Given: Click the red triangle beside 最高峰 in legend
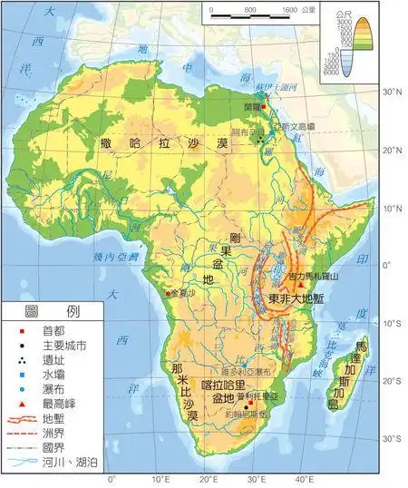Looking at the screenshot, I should click(x=17, y=403).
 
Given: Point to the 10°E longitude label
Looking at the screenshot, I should click(x=160, y=479).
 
